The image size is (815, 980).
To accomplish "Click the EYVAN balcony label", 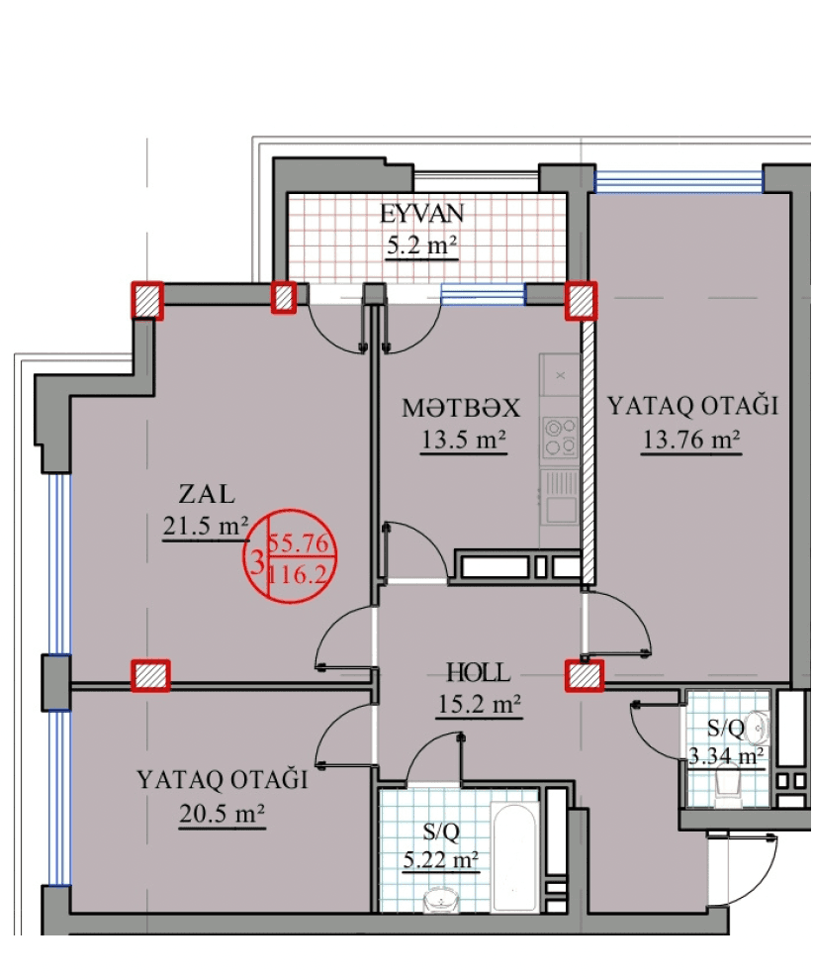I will click(x=422, y=213).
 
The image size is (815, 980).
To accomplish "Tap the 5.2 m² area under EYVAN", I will click(x=422, y=246).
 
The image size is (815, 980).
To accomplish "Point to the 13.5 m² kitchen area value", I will click(x=464, y=441).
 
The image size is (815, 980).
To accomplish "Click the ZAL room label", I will click(x=207, y=493).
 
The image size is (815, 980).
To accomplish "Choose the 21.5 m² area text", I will click(x=205, y=528).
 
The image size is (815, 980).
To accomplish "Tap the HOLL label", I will click(x=479, y=673).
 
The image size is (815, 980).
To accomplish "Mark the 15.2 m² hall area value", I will click(x=479, y=705).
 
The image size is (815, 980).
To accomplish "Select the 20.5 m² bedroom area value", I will click(x=222, y=814).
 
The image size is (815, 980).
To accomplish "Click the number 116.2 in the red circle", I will click(x=304, y=572).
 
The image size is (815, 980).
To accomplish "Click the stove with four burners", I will click(x=560, y=436).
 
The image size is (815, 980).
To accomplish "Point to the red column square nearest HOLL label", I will click(x=584, y=675).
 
